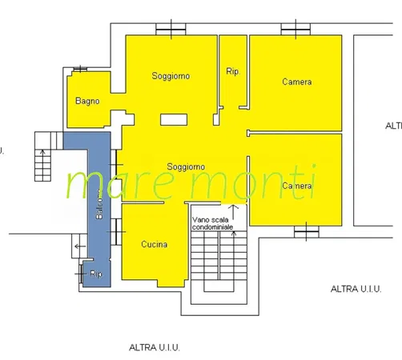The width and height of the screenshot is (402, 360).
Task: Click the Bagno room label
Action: tap(87, 102)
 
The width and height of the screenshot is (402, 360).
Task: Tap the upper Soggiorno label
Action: tap(171, 77)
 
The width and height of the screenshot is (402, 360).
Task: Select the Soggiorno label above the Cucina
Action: tap(186, 166)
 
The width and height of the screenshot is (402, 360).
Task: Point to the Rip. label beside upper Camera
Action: tap(234, 72)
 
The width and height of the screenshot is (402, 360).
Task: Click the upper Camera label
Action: tap(296, 82)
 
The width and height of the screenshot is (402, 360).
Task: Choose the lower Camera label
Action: tap(296, 186)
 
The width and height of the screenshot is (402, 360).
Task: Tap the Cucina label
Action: tap(154, 245)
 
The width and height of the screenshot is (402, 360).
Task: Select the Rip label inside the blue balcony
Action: tap(96, 274)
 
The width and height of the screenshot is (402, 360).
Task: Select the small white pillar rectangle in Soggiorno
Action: tap(172, 119)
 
